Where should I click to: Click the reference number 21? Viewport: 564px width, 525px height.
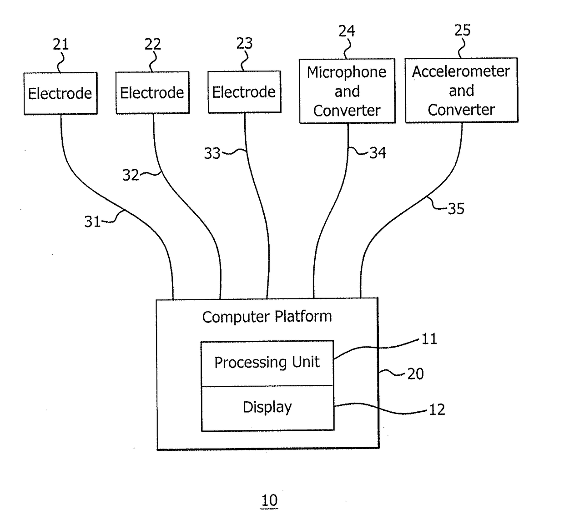coord(61,45)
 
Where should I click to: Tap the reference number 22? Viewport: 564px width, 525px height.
coord(153,44)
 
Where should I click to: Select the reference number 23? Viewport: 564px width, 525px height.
coord(244,44)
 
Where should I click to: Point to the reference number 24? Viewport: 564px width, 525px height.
coord(347,31)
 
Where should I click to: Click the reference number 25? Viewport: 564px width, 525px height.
coord(462,30)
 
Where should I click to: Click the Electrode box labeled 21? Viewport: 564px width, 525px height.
coord(60,93)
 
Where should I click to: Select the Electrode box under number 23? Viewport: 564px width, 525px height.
coord(245,92)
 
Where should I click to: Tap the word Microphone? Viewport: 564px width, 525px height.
coord(347,72)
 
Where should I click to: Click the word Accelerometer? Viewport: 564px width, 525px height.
coord(461,71)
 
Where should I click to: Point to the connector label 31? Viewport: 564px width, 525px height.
coord(93,222)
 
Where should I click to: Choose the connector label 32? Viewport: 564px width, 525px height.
coord(131,175)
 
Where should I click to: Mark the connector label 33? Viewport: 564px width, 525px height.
coord(212,153)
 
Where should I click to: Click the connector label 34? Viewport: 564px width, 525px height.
coord(378,153)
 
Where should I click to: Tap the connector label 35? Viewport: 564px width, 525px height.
coord(456,209)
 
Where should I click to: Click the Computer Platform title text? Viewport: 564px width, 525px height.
coord(267,317)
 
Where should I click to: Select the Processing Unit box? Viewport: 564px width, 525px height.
coord(267,363)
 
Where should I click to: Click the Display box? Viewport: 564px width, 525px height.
coord(267,408)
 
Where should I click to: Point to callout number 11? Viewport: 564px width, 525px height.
coord(429,339)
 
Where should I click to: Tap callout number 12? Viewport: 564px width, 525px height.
coord(437,410)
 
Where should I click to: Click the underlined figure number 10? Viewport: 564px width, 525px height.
coord(269,500)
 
